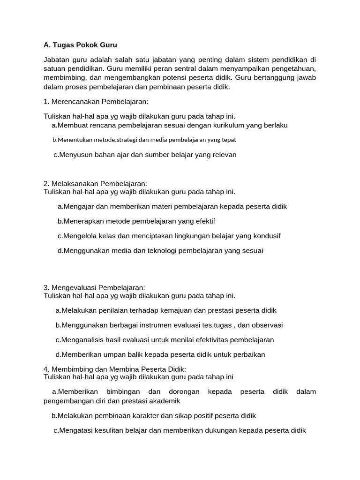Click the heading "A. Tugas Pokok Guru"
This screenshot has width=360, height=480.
click(80, 45)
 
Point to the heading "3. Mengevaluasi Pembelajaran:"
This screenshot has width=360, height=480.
click(94, 287)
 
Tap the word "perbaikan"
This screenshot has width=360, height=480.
click(248, 354)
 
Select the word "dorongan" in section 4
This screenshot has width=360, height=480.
click(180, 391)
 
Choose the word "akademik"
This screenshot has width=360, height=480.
click(165, 401)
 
